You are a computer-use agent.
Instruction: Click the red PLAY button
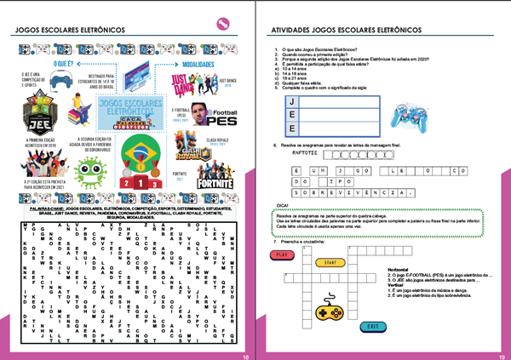click(280, 254)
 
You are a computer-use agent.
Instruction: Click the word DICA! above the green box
click(284, 205)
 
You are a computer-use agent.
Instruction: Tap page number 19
click(502, 356)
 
